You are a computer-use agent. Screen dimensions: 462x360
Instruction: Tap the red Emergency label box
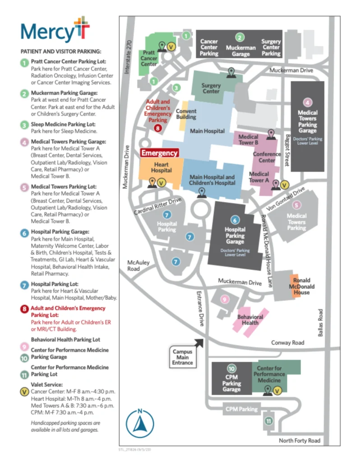click(x=160, y=153)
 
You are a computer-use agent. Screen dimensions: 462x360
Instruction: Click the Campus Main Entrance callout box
click(x=182, y=357)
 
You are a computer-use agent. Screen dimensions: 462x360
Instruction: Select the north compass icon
click(x=140, y=423)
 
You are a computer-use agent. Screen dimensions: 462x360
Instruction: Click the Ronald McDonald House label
click(x=301, y=286)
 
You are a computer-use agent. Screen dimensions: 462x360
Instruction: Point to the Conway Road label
click(x=288, y=343)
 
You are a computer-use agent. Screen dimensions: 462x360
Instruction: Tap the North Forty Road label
click(x=300, y=440)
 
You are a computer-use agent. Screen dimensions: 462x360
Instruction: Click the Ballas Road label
click(x=321, y=323)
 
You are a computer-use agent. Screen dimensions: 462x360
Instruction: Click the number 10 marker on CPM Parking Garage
click(x=231, y=369)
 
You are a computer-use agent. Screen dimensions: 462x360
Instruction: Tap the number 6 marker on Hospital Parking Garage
click(x=235, y=220)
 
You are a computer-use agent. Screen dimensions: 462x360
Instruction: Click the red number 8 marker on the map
click(x=157, y=128)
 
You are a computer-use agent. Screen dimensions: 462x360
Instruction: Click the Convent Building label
click(x=186, y=114)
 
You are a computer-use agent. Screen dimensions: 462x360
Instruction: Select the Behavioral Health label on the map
click(x=250, y=320)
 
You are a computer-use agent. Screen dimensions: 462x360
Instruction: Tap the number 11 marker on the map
click(x=269, y=421)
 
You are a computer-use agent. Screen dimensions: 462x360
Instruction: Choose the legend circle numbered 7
click(x=24, y=284)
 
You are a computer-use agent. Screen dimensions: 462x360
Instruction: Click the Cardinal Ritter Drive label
click(x=157, y=206)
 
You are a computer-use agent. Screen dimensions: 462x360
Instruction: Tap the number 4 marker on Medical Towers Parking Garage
click(x=308, y=102)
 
